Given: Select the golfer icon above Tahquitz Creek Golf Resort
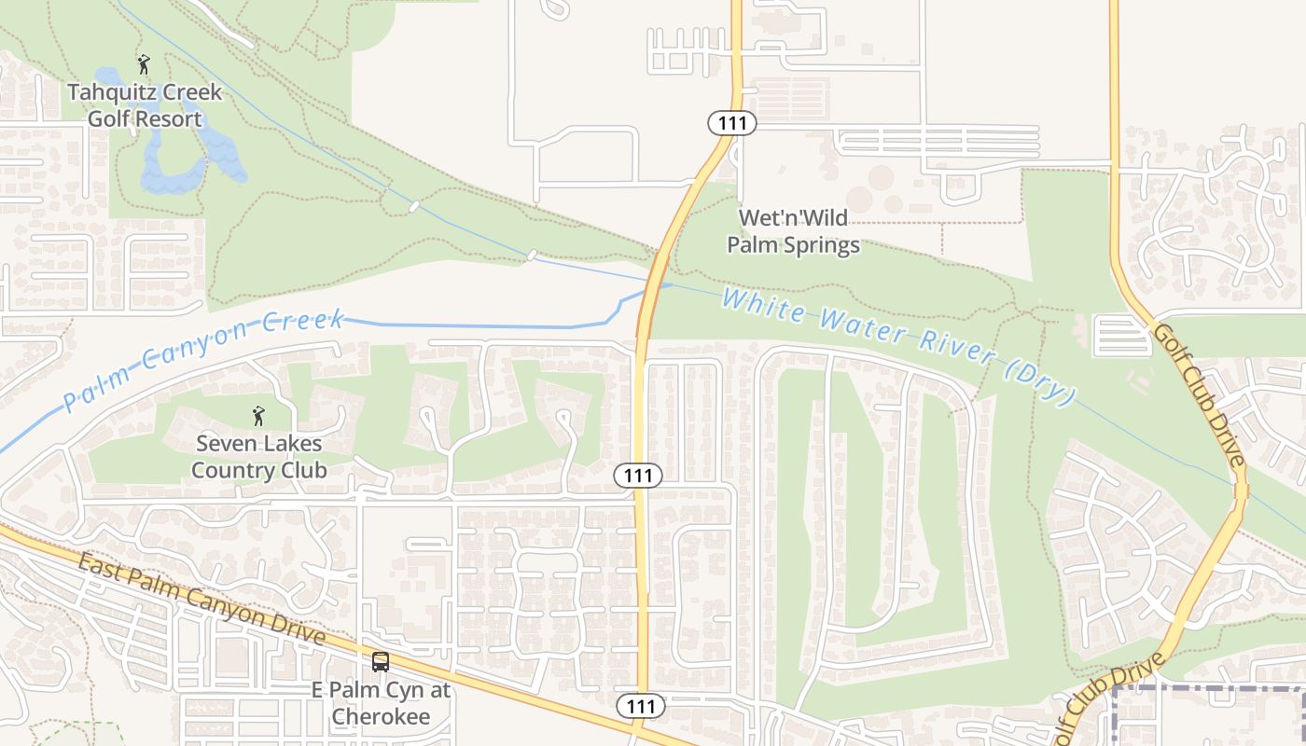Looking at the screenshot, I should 143,64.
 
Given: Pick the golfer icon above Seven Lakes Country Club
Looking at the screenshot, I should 258,416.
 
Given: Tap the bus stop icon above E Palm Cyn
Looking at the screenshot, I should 381,662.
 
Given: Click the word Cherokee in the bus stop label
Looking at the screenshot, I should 381,716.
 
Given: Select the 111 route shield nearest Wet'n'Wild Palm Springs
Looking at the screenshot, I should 731,123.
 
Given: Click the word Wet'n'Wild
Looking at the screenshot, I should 793,218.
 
